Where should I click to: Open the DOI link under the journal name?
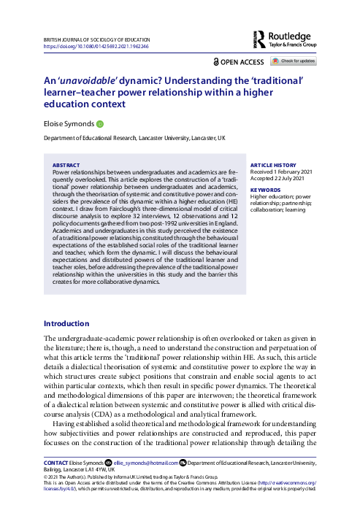96,46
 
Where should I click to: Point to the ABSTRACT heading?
67,166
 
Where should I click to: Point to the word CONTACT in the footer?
57,462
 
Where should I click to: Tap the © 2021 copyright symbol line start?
46,477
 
